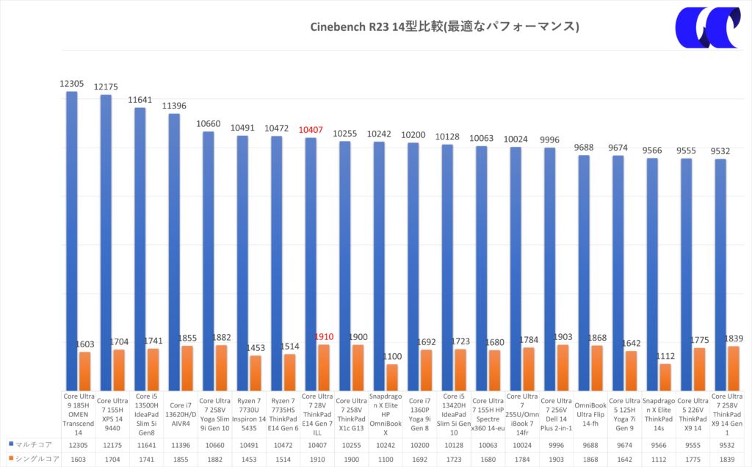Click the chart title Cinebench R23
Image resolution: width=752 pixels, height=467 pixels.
(x=446, y=27)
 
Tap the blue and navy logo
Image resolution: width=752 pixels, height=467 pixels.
(x=706, y=27)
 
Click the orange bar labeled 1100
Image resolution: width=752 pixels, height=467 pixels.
(x=391, y=377)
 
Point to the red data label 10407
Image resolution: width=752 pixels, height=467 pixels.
(x=311, y=130)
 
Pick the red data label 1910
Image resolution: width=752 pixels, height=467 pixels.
(x=324, y=337)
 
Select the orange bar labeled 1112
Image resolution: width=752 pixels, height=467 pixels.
(x=665, y=377)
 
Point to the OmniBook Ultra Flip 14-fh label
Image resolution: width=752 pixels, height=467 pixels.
(x=590, y=413)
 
